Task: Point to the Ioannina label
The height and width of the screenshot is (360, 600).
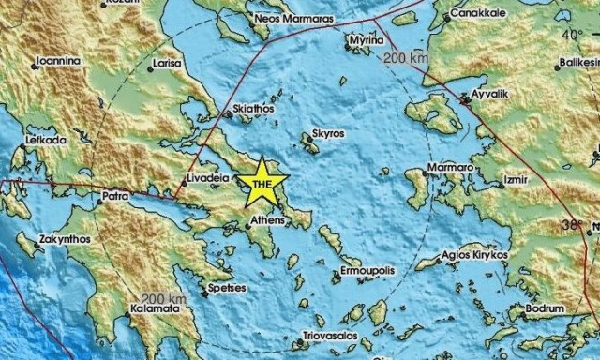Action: [58, 62]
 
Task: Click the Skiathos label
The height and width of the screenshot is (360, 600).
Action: [255, 110]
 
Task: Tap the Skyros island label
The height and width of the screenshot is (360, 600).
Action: [329, 135]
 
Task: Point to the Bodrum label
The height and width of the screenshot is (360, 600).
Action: [546, 307]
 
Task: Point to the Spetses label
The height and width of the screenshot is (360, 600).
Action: [228, 289]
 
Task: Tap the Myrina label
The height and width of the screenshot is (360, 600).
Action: [366, 42]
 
